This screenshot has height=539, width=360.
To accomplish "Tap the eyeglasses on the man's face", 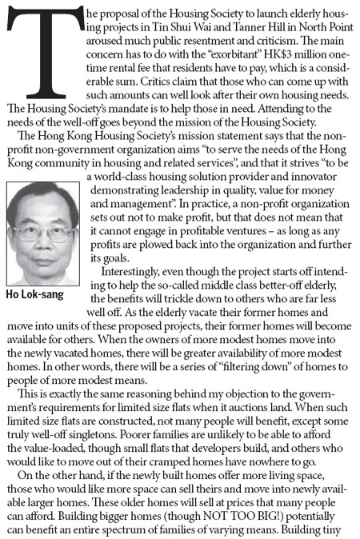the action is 38,231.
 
